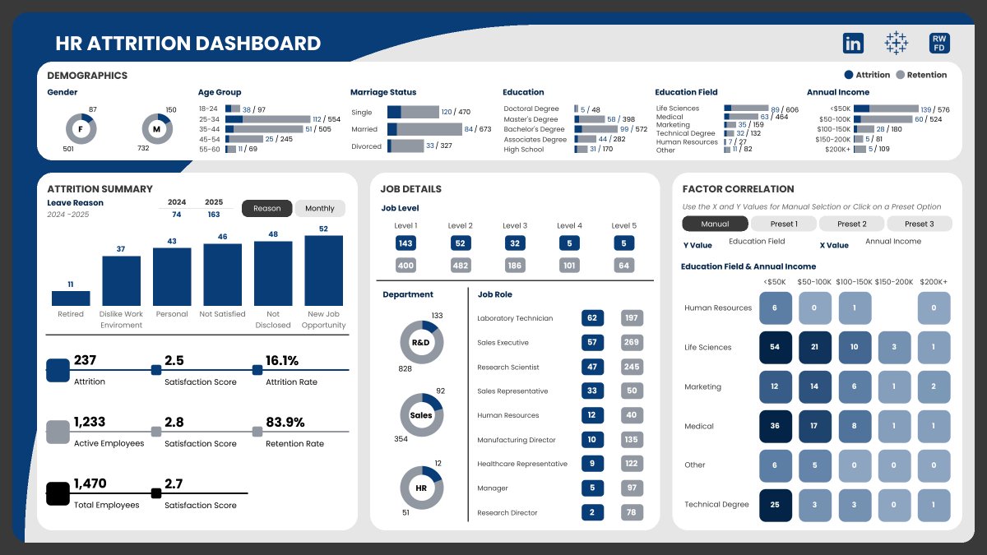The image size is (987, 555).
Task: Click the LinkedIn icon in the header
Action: [x=853, y=44]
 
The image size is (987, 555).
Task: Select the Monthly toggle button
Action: [x=320, y=209]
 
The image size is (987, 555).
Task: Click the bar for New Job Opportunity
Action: [x=323, y=271]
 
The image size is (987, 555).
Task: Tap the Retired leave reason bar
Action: [x=71, y=298]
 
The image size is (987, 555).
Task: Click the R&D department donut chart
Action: [x=421, y=342]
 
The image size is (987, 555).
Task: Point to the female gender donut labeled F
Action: [x=81, y=129]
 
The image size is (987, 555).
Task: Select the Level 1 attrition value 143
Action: [x=405, y=243]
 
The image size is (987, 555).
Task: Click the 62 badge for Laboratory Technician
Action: [x=592, y=318]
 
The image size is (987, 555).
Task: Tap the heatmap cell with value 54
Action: [x=775, y=347]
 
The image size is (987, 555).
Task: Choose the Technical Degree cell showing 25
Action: [x=775, y=505]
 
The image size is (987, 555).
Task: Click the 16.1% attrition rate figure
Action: [x=282, y=360]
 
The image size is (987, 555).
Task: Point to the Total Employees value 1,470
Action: [x=90, y=483]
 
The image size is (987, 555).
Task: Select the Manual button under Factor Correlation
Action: [x=715, y=224]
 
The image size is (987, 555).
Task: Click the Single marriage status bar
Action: [x=413, y=112]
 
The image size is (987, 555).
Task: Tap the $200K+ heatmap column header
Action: [x=933, y=282]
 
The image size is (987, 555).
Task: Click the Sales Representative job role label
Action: [x=512, y=391]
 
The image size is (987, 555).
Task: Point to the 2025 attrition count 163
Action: [x=214, y=215]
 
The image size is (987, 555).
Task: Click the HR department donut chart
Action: [x=421, y=488]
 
